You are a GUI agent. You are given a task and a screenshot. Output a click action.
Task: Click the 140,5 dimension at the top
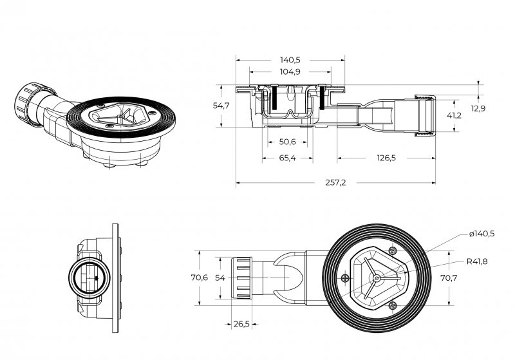coord(291,59)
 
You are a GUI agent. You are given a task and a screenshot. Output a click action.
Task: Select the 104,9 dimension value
coord(291,71)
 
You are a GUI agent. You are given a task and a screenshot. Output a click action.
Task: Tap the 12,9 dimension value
coord(478,108)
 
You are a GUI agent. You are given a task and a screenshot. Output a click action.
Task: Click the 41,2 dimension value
coord(454,115)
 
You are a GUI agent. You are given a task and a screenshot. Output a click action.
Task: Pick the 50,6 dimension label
coord(288,142)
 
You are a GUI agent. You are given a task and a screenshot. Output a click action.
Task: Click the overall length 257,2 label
coord(335,183)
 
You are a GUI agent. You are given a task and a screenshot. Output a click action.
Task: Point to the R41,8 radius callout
coord(477,261)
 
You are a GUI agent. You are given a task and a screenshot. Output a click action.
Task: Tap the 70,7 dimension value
coord(449,278)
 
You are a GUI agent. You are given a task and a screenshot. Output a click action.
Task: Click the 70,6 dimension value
coord(198,278)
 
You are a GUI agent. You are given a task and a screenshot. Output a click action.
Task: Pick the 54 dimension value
coord(220,278)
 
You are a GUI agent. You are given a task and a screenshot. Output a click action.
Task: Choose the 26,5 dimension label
coord(241,324)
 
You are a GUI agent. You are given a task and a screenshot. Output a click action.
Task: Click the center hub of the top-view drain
coord(376,278)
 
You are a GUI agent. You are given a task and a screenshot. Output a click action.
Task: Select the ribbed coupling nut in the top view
coord(241,278)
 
